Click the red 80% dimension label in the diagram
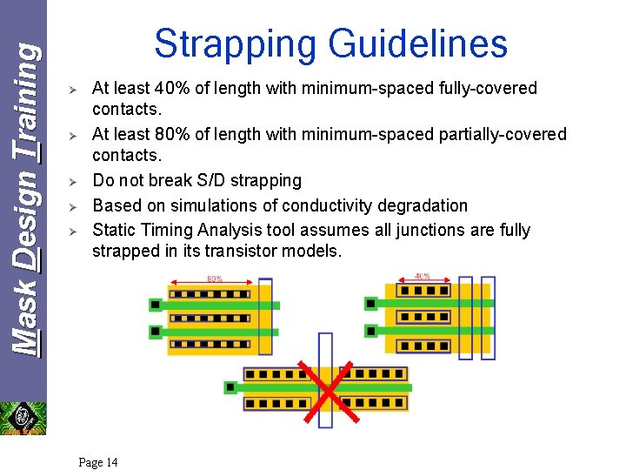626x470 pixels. pos(214,279)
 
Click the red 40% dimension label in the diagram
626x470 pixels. pos(423,276)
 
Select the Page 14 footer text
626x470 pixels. pos(98,462)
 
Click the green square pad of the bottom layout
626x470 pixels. pos(230,386)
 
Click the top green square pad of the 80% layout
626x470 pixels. pos(156,305)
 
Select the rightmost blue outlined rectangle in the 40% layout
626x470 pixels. pos(489,318)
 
